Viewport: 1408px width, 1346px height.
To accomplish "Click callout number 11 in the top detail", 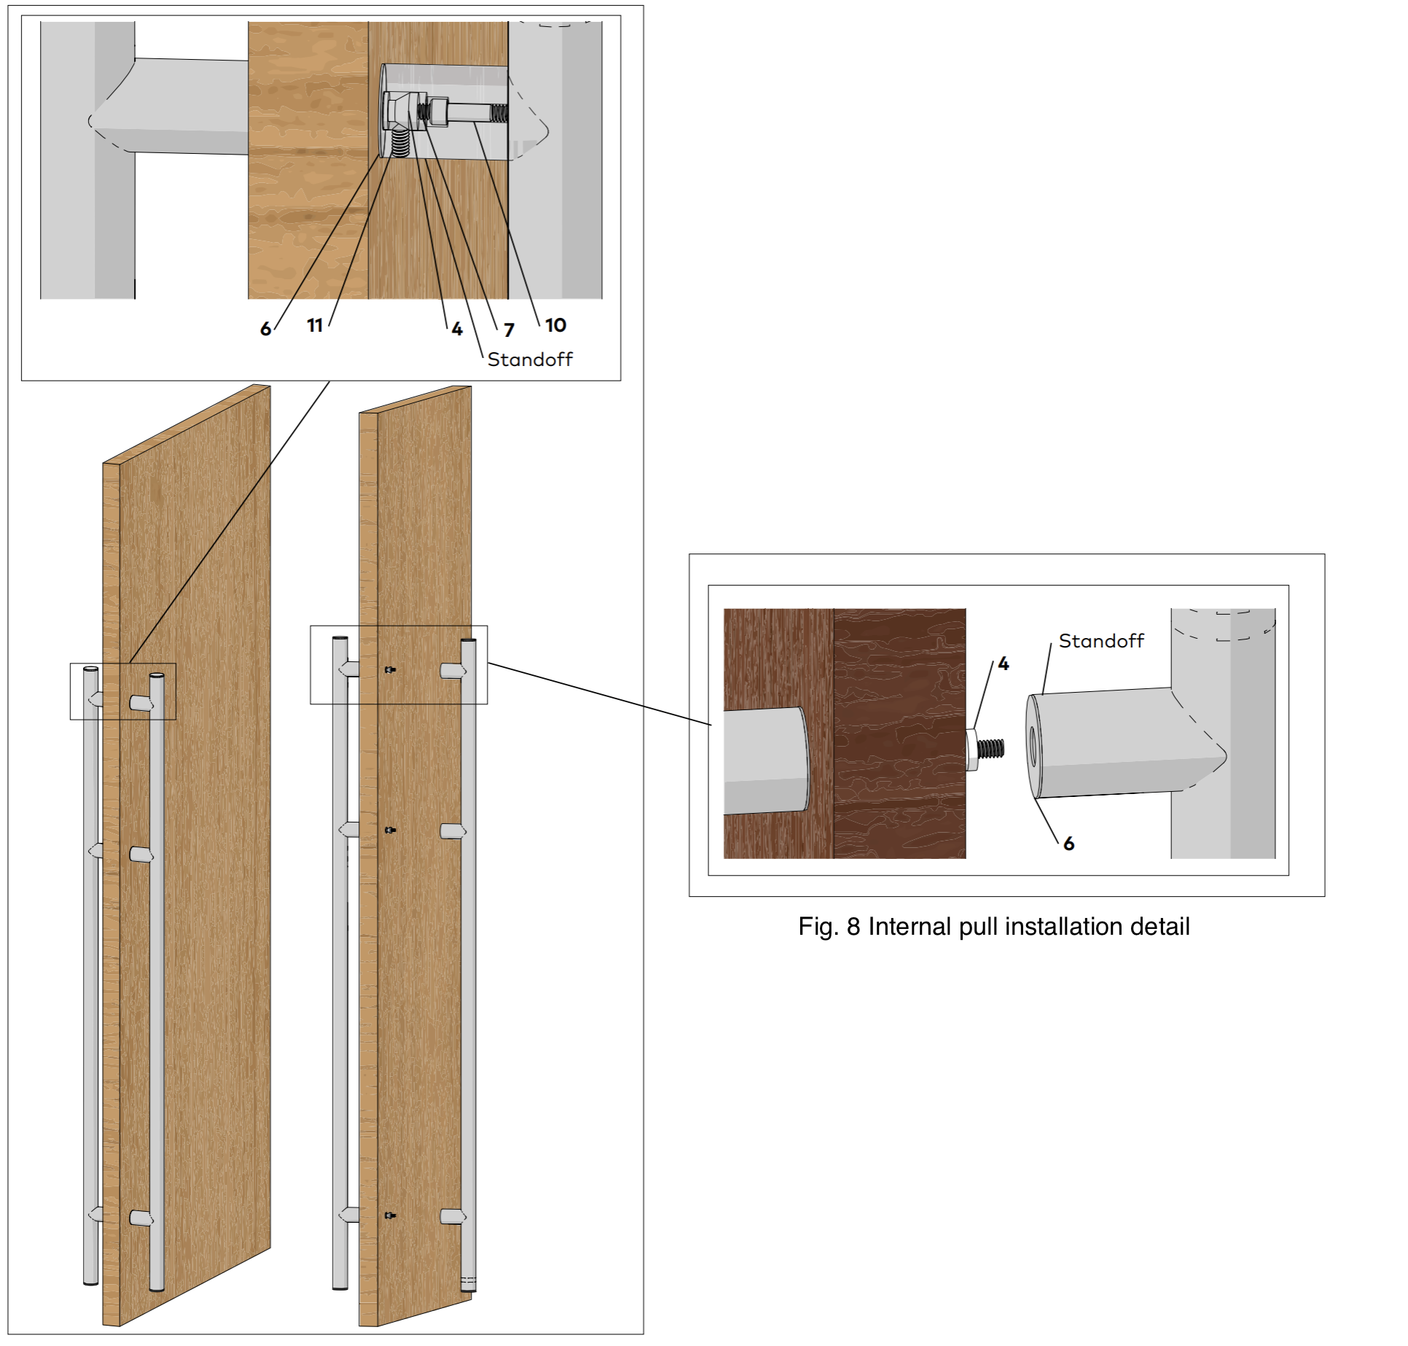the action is point(315,325).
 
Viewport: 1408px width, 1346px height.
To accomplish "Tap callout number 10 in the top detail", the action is point(555,325).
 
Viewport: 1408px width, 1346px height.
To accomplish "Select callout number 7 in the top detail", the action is point(509,330).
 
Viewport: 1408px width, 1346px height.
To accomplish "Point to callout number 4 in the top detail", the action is point(457,330).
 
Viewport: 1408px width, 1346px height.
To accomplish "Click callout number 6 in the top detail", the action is point(265,329).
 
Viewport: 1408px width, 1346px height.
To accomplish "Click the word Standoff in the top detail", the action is point(530,359).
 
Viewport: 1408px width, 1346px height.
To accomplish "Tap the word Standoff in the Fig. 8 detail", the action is point(1101,641).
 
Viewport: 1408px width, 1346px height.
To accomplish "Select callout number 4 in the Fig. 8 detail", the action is point(1004,664).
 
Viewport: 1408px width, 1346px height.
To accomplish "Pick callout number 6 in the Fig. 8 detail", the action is point(1068,844).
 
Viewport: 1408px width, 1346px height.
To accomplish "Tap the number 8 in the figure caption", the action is point(853,927).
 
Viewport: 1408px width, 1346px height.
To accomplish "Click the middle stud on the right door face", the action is point(391,830).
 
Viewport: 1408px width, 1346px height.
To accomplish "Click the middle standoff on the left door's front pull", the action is point(141,855).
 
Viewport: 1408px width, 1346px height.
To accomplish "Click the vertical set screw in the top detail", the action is point(399,143).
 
